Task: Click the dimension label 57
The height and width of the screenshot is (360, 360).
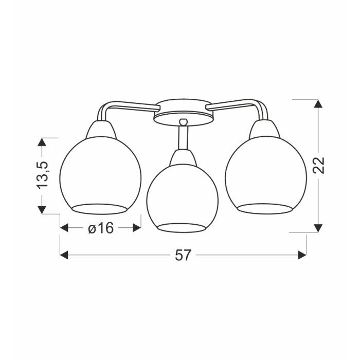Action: tap(183, 255)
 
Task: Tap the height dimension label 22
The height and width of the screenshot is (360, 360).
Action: tap(319, 165)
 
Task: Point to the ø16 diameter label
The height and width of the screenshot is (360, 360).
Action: tap(101, 228)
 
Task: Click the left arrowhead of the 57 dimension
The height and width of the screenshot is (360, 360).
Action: tap(64, 255)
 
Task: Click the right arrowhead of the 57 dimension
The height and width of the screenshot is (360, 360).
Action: tap(302, 255)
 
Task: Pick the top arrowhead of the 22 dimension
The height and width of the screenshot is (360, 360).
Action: tap(318, 103)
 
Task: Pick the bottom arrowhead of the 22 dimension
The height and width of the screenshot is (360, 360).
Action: tap(318, 228)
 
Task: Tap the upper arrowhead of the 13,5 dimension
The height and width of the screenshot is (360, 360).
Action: tap(42, 142)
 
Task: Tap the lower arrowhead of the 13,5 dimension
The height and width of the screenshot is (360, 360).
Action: tap(42, 210)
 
